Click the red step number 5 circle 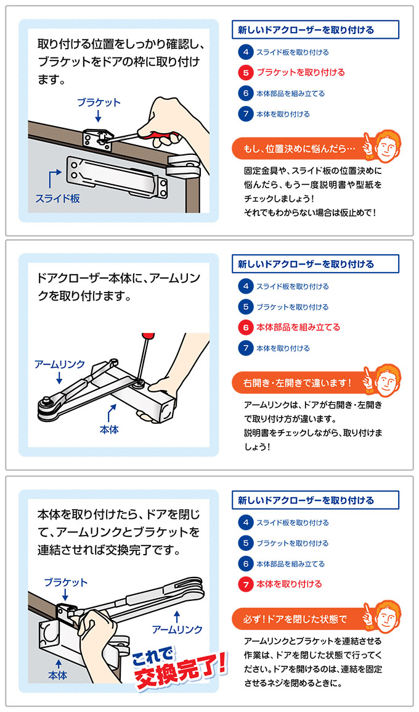245,73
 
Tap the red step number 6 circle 245,328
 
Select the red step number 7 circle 245,584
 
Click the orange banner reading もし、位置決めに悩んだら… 299,149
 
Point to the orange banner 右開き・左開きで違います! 299,383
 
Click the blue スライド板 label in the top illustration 57,199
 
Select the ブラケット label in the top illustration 99,102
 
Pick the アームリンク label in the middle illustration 60,364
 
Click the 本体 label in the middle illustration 109,429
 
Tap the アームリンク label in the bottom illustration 177,629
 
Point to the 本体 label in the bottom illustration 57,675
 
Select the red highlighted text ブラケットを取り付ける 301,73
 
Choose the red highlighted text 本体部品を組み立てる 298,328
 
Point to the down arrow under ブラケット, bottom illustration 65,595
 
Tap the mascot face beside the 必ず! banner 386,618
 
